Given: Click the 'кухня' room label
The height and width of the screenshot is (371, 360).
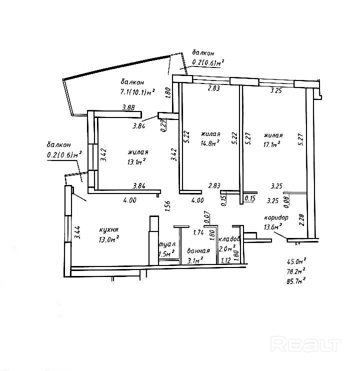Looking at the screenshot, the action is tap(108, 229).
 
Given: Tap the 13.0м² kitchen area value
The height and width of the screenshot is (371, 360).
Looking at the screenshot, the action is tap(109, 239).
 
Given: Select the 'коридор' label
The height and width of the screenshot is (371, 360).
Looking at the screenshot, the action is tap(276, 217).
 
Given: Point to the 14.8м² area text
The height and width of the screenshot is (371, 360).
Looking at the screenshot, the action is tap(210, 143).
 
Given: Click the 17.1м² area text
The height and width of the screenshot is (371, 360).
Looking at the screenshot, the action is tap(272, 144).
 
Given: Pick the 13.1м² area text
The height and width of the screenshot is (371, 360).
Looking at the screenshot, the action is tap(136, 161).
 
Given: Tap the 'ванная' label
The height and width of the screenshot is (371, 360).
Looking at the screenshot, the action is tap(198, 250).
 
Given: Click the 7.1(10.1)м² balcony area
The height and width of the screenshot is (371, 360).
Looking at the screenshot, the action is tap(137, 91).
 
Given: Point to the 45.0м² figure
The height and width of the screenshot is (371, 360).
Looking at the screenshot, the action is tap(296, 261).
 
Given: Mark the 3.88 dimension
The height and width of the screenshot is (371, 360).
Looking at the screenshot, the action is tap(128, 107).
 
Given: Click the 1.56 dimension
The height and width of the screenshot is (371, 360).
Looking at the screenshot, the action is tap(167, 206).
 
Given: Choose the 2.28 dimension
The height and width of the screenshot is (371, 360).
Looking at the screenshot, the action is tap(301, 220).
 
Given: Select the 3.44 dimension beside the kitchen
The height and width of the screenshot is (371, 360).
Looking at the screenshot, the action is tap(78, 232).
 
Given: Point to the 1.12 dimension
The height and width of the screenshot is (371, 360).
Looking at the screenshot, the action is tap(225, 260).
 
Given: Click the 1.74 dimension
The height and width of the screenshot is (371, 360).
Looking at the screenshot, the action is tap(198, 232).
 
